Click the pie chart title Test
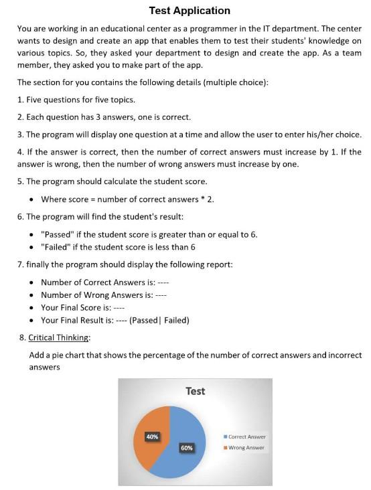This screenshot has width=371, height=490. [195, 391]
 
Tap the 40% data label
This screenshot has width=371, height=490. [152, 436]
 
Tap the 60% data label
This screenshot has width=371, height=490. [185, 446]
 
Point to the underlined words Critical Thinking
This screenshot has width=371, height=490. [59, 337]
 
